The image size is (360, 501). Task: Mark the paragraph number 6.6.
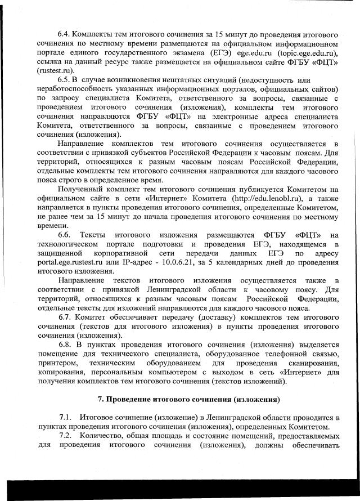point(66,234)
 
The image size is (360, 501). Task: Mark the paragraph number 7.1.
point(65,417)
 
